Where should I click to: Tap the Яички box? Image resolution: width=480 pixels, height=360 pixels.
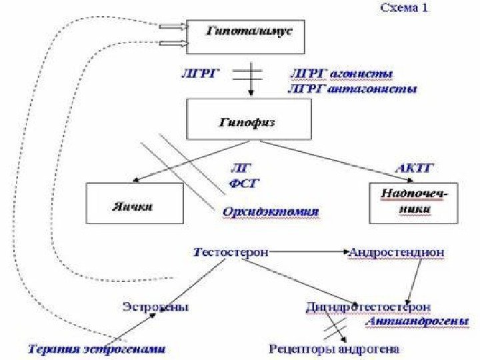pyautogui.click(x=135, y=204)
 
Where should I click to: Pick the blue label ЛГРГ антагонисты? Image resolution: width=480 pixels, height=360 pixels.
pyautogui.click(x=351, y=88)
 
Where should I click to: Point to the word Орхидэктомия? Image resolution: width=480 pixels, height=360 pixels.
pyautogui.click(x=270, y=212)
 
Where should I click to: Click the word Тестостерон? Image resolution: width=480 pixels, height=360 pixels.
pyautogui.click(x=231, y=253)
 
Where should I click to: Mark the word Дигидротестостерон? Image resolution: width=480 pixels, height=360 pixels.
pyautogui.click(x=368, y=307)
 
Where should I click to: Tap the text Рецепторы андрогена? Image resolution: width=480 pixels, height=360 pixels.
pyautogui.click(x=335, y=348)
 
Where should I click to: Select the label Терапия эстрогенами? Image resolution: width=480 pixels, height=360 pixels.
pyautogui.click(x=97, y=348)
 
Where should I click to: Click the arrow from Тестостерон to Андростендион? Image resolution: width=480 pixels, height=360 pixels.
pyautogui.click(x=309, y=253)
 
